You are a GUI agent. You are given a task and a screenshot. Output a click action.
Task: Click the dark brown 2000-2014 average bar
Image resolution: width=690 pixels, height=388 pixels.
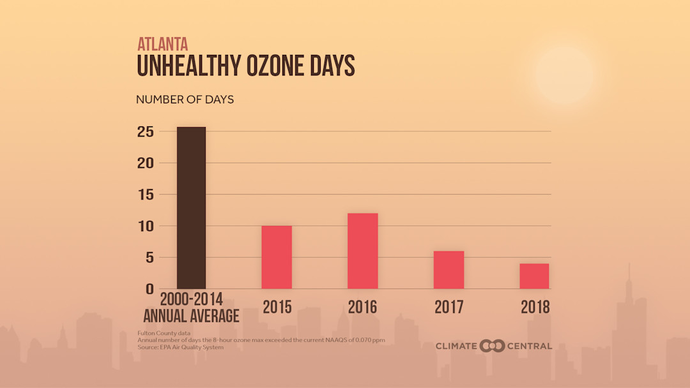point(191,208)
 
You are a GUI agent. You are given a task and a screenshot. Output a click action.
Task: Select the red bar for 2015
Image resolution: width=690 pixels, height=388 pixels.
point(277,257)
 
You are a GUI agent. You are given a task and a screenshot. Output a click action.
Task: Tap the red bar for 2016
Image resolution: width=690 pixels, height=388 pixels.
point(362,251)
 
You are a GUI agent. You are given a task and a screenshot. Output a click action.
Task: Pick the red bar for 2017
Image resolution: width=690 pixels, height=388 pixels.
point(448,270)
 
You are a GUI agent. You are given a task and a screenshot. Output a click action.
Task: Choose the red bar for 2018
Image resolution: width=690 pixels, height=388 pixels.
point(534,276)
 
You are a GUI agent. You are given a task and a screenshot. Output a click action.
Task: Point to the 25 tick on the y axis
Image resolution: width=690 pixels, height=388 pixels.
point(146,131)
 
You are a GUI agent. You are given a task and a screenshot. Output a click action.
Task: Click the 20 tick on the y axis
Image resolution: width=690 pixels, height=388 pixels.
point(146,163)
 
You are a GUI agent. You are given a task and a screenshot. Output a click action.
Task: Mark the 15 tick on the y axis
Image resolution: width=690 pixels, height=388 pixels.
point(146,195)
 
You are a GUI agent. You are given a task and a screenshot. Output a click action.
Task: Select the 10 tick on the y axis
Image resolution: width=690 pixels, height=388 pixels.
point(146,226)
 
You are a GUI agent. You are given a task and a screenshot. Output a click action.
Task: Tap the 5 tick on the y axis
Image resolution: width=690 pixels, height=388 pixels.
point(149,257)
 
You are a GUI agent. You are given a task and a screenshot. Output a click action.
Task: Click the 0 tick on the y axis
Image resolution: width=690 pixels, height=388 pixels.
point(149,289)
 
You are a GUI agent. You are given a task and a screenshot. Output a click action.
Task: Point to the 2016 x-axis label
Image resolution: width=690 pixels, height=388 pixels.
point(362,307)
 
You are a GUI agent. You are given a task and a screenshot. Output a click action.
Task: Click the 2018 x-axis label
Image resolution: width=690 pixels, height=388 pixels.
point(535,307)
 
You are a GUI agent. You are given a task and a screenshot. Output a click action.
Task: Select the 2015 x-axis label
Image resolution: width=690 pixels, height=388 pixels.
point(277,307)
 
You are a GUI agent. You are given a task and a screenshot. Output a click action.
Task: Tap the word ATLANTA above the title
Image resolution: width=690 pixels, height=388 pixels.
point(163,44)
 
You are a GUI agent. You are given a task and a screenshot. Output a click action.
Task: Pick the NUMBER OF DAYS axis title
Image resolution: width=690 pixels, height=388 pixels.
point(185,100)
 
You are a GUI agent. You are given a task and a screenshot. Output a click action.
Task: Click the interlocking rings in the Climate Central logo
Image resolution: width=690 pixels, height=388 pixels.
point(492,346)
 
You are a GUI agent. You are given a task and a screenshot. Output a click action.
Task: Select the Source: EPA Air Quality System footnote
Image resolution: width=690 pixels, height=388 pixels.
point(180,347)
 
